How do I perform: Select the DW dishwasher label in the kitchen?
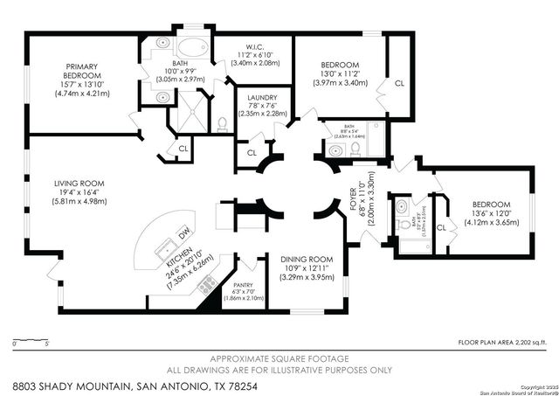pyautogui.click(x=185, y=233)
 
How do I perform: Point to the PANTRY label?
pyautogui.click(x=243, y=284)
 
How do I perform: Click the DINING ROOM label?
pyautogui.click(x=307, y=259)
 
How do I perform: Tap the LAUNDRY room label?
pyautogui.click(x=262, y=98)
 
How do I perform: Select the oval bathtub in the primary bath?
pyautogui.click(x=190, y=47)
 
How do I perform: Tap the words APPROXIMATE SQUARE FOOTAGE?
pyautogui.click(x=279, y=358)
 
